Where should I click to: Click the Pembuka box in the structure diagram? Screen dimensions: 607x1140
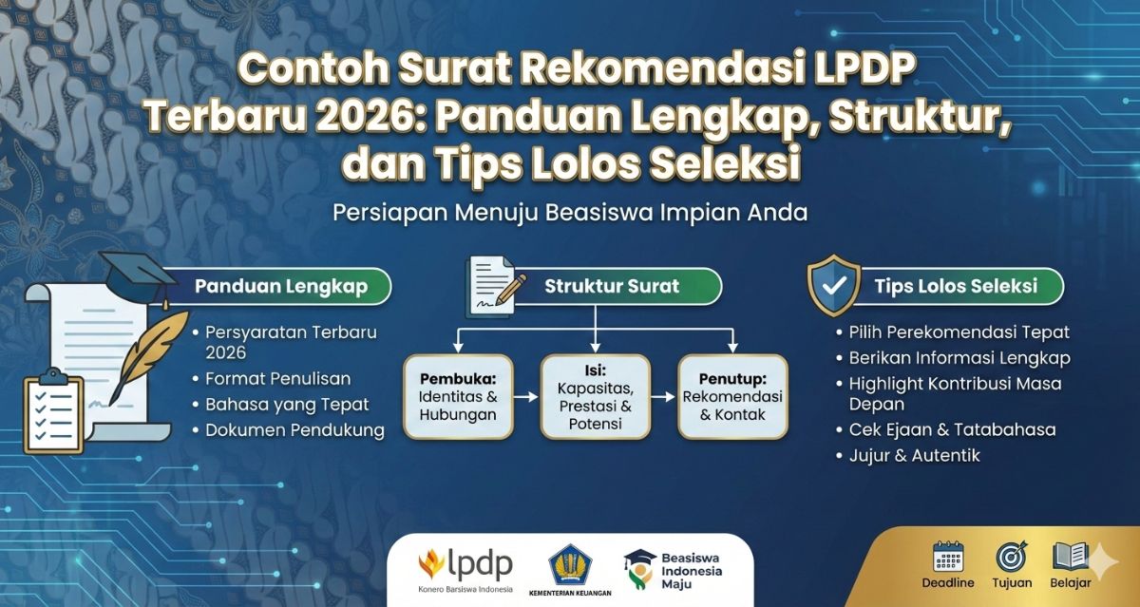(459, 396)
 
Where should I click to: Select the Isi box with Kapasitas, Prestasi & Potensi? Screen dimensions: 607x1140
(596, 396)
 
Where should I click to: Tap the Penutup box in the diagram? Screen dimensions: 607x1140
(732, 396)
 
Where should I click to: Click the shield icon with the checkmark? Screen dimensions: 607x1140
(833, 284)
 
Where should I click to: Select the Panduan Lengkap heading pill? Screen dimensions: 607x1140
(280, 285)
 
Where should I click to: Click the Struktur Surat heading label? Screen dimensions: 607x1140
(611, 285)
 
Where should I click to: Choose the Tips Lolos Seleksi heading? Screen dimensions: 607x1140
(955, 285)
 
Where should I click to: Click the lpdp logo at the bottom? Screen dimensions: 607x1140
(465, 566)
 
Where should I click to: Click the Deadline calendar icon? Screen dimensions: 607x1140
(948, 556)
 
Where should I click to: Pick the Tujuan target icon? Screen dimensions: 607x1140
(1012, 556)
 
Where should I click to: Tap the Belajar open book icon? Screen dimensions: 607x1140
(1071, 556)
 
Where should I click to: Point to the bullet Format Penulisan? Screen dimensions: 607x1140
(277, 379)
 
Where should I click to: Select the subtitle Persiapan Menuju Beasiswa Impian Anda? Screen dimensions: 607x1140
(570, 212)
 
